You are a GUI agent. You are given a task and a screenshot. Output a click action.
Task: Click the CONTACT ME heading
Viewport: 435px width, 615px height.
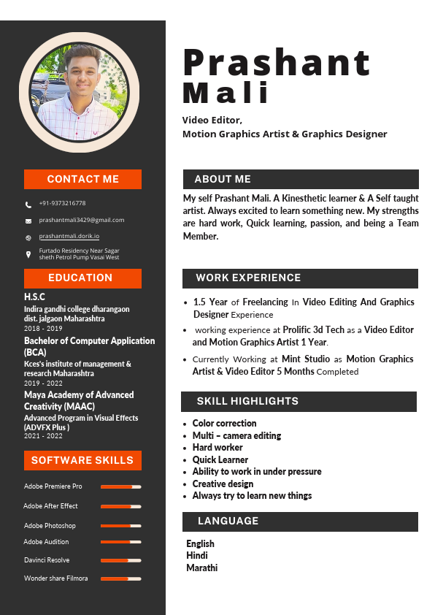click(x=82, y=179)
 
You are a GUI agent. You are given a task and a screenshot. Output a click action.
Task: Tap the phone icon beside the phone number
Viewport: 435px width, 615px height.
click(x=28, y=205)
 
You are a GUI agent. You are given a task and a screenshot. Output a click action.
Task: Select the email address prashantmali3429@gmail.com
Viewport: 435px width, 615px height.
click(x=82, y=220)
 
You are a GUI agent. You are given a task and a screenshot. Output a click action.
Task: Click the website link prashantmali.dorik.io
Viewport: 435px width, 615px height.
click(x=69, y=236)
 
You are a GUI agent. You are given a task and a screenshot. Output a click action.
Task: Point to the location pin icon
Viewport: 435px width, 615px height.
click(x=28, y=254)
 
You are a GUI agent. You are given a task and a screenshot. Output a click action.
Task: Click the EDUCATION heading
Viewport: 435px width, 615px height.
click(x=80, y=278)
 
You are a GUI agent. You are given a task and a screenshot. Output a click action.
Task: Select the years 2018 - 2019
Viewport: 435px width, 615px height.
click(x=43, y=329)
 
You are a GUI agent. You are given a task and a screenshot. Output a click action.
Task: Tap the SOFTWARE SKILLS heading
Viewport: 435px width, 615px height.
click(x=82, y=460)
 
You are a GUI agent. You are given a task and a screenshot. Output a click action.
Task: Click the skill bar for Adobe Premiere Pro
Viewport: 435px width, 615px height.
click(x=120, y=486)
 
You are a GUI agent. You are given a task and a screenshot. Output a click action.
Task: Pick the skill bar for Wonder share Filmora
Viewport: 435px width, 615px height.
click(x=120, y=578)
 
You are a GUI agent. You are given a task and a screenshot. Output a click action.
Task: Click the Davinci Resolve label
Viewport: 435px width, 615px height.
click(x=47, y=560)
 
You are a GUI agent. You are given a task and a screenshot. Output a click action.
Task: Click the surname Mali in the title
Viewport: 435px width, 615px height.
click(x=226, y=93)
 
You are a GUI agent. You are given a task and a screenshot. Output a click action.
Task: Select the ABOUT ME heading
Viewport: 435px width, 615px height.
click(x=223, y=179)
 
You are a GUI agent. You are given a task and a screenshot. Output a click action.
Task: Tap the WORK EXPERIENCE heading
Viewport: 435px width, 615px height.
click(x=248, y=278)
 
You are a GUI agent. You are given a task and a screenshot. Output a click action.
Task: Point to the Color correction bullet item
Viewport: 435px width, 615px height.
click(x=224, y=424)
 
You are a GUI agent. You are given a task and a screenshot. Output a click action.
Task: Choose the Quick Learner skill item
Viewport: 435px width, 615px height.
click(x=220, y=459)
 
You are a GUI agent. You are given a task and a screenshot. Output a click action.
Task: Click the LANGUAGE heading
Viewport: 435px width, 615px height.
click(x=228, y=521)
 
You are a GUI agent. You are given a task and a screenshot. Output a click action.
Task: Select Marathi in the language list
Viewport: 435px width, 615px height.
click(x=201, y=568)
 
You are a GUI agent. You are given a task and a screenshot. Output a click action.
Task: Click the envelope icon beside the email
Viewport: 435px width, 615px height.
click(x=28, y=221)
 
